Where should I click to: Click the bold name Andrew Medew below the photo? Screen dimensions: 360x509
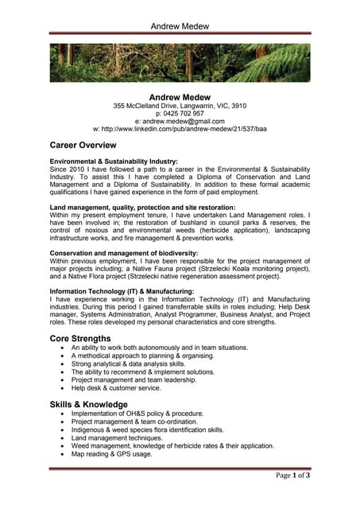180,96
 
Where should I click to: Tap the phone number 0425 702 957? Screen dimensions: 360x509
180,114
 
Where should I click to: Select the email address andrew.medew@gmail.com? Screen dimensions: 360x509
180,121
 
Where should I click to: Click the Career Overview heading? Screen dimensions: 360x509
83,146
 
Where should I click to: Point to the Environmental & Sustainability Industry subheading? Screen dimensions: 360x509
114,161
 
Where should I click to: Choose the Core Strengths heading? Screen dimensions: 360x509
80,338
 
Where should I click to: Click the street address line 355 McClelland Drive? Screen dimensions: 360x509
180,106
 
